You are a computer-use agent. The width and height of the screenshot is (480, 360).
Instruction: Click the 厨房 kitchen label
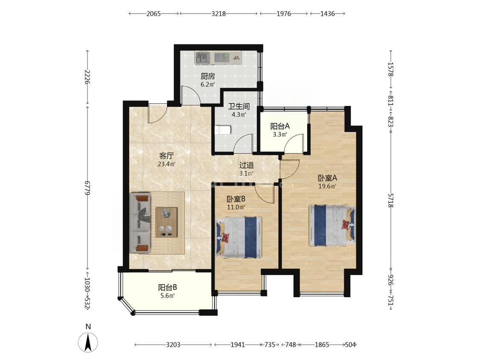[x=208, y=76]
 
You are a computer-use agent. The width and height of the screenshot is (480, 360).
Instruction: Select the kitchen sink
[x=202, y=58]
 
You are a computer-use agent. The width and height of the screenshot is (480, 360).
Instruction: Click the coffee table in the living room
[x=166, y=222]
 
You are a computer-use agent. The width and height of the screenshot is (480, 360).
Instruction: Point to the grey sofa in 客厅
[x=140, y=223]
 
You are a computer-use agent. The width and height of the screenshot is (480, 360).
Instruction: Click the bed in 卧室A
[x=332, y=226]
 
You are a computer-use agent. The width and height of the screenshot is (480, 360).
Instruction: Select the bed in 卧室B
[x=239, y=238]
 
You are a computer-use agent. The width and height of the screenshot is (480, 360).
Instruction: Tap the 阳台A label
[x=280, y=126]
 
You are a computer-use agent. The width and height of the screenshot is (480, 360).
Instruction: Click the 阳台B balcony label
[x=167, y=287]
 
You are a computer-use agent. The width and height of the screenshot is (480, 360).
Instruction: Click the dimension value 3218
[x=218, y=14]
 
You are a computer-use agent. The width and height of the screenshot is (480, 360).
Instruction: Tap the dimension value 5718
[x=390, y=200]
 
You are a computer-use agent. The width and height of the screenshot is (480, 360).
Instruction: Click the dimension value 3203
[x=173, y=345]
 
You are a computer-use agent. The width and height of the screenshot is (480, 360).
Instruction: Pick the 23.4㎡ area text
[x=166, y=164]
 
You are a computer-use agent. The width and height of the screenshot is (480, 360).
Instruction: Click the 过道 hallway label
[x=247, y=165]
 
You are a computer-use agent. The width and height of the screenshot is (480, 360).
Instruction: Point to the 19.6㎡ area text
[x=328, y=186]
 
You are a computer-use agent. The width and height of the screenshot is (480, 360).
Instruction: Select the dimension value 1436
[x=328, y=14]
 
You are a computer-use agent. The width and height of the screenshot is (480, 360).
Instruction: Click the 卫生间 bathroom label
[x=239, y=107]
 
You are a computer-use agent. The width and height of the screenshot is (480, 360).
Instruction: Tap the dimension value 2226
[x=87, y=77]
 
